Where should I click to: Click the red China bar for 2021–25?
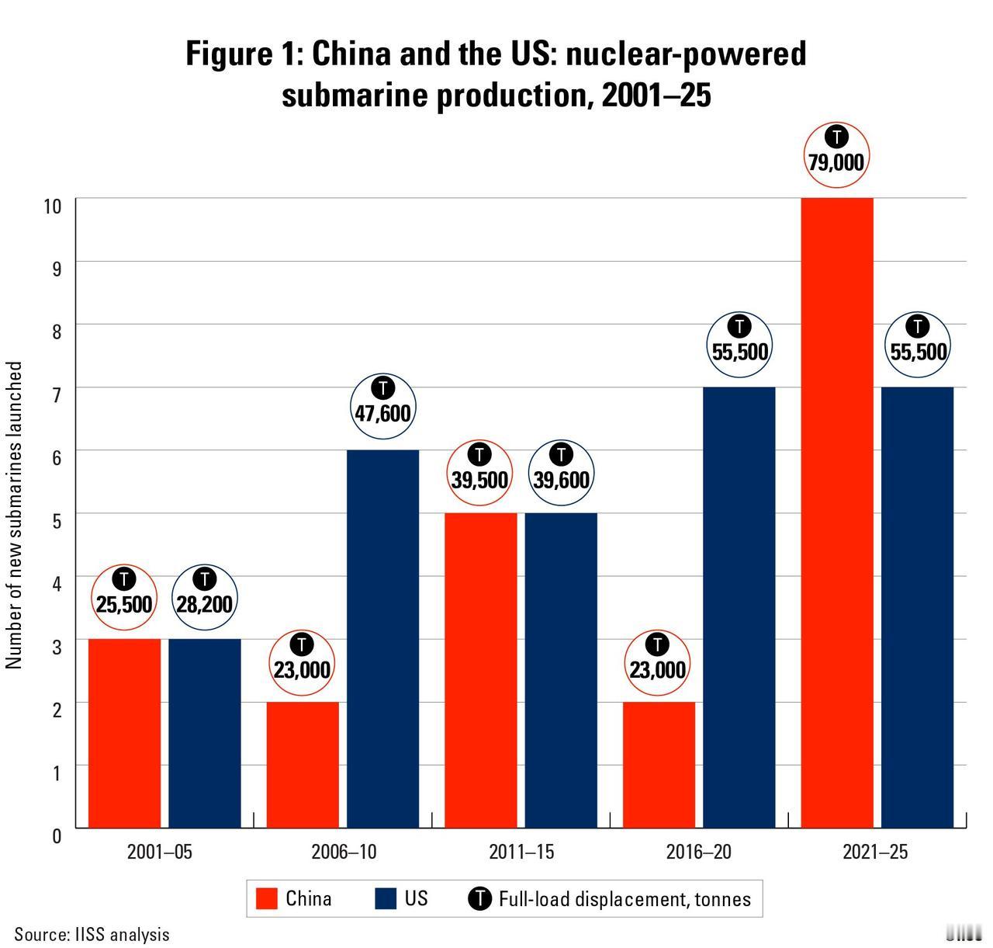(836, 512)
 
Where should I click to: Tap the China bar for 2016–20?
(658, 765)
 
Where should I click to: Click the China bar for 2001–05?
(124, 733)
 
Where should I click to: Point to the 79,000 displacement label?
(836, 161)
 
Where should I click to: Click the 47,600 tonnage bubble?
(382, 412)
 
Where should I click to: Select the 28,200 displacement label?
(204, 603)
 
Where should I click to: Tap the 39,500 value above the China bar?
(479, 480)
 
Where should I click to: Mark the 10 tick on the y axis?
(53, 206)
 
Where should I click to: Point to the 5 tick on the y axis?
(56, 520)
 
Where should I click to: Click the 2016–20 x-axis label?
(698, 852)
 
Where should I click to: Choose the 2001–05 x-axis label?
(159, 852)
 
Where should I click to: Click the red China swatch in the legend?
(267, 899)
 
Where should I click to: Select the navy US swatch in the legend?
(386, 899)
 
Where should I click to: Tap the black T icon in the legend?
(479, 899)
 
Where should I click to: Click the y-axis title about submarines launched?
(15, 514)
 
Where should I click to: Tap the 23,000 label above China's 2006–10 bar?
(302, 669)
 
